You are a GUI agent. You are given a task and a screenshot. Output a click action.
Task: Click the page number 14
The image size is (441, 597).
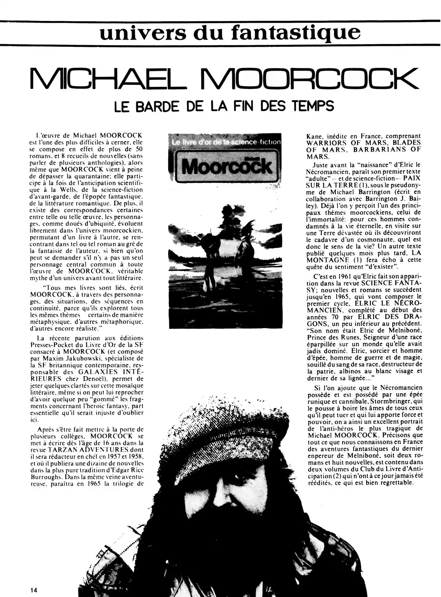pos(33,590)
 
